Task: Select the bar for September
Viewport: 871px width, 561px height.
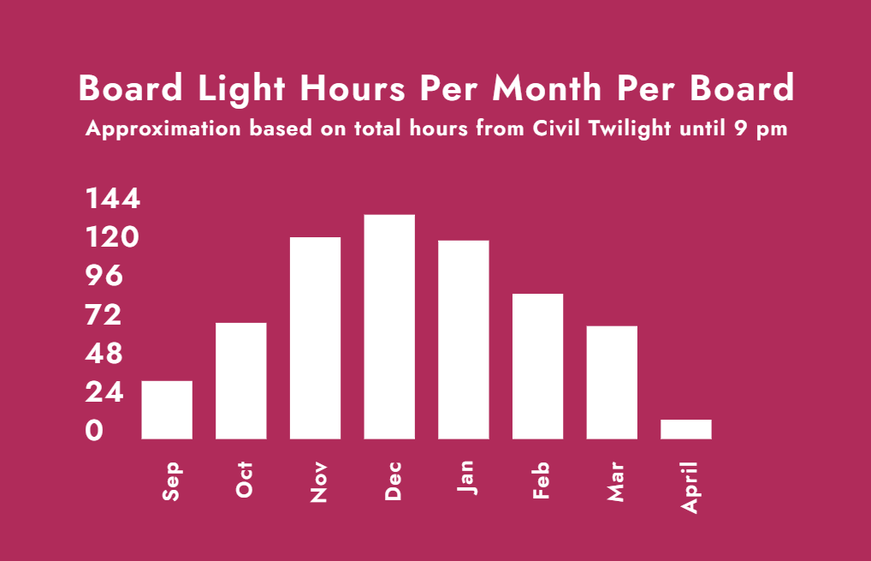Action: click(167, 409)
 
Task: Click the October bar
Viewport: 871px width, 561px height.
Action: click(241, 381)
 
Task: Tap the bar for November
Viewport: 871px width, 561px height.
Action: click(315, 338)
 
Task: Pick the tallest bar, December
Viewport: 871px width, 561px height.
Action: click(389, 327)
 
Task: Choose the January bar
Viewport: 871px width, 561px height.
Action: click(463, 340)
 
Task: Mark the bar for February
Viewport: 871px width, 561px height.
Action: click(537, 367)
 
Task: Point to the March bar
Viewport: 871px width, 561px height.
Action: click(612, 383)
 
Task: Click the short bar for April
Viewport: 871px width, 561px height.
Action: click(686, 429)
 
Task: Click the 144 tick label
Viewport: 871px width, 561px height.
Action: click(113, 199)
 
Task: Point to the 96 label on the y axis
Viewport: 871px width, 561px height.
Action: click(104, 276)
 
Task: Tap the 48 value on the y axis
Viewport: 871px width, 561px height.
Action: click(104, 354)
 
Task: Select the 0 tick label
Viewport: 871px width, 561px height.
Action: click(94, 431)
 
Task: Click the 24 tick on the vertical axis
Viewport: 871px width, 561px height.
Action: click(104, 392)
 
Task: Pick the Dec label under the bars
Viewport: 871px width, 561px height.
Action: click(393, 481)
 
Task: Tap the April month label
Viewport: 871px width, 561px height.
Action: click(690, 487)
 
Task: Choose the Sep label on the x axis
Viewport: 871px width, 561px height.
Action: click(171, 481)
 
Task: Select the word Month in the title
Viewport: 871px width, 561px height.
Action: click(547, 88)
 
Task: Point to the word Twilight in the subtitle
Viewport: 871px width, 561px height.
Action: click(630, 129)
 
